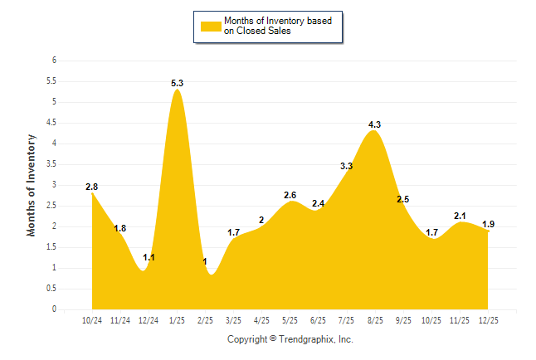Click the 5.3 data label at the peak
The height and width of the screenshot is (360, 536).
pyautogui.click(x=177, y=84)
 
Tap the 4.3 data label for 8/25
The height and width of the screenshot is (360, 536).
pyautogui.click(x=374, y=125)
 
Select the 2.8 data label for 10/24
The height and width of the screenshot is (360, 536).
pyautogui.click(x=92, y=187)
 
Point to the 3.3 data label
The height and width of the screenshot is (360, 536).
pyautogui.click(x=347, y=167)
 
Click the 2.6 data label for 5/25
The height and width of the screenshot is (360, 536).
pyautogui.click(x=290, y=196)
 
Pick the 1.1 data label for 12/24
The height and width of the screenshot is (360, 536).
pyautogui.click(x=149, y=258)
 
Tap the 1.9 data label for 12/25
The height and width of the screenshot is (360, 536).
pyautogui.click(x=488, y=225)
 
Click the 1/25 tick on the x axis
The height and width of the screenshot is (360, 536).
pyautogui.click(x=177, y=319)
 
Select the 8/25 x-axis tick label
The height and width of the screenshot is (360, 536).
pyautogui.click(x=375, y=319)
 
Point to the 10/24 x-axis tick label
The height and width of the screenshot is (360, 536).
pyautogui.click(x=92, y=319)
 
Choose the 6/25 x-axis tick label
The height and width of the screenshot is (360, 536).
pyautogui.click(x=319, y=319)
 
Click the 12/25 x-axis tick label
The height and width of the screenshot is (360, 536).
pyautogui.click(x=488, y=319)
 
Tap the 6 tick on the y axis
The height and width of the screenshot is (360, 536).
pyautogui.click(x=54, y=61)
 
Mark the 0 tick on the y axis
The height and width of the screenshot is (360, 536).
pyautogui.click(x=54, y=309)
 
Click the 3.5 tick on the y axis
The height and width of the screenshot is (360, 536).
pyautogui.click(x=51, y=164)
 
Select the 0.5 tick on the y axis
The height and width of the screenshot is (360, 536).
pyautogui.click(x=51, y=289)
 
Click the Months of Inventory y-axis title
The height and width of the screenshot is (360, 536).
pyautogui.click(x=32, y=185)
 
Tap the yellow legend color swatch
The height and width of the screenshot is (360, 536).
pyautogui.click(x=210, y=26)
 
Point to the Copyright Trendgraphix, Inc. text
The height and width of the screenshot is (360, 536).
pyautogui.click(x=290, y=339)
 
